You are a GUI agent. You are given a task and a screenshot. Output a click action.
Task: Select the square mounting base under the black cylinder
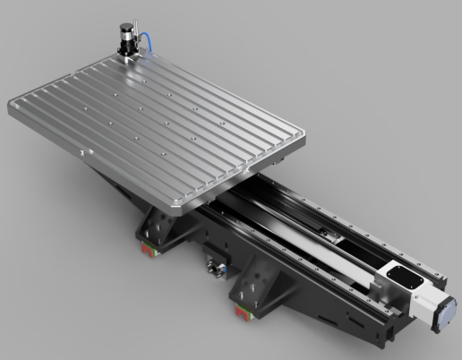pyautogui.click(x=126, y=56)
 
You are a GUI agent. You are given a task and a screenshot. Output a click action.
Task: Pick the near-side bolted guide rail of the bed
pyautogui.click(x=304, y=269)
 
